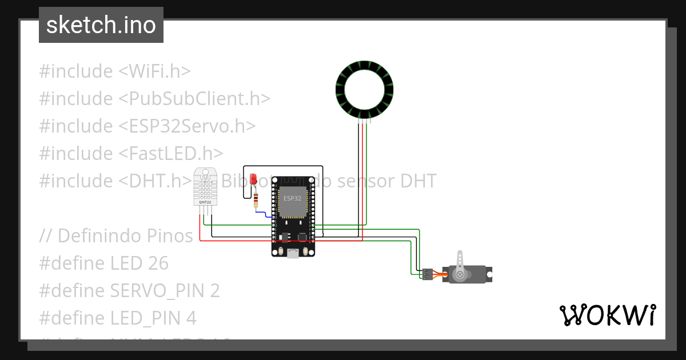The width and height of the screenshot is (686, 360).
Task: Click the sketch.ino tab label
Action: point(101,25)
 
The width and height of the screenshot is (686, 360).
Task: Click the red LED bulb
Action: point(253,178)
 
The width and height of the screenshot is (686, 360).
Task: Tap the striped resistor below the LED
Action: point(256,200)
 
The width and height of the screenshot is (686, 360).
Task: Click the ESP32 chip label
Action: point(292,198)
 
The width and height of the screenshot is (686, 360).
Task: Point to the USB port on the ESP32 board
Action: point(293,253)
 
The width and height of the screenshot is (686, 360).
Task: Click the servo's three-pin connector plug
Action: point(427,274)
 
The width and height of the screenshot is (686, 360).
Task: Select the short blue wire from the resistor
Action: point(263,214)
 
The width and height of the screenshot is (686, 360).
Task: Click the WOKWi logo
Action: point(607,315)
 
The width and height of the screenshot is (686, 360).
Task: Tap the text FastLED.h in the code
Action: point(171,153)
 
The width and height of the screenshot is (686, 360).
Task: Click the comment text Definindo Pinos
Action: point(125,235)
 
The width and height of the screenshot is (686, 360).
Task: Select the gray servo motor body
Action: point(472,274)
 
